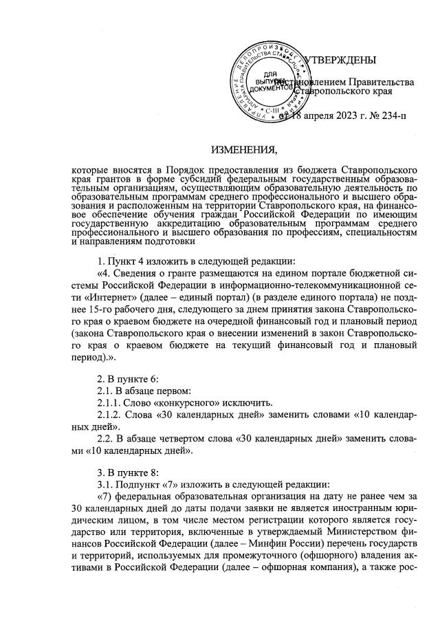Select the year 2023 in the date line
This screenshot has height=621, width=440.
click(342, 115)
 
